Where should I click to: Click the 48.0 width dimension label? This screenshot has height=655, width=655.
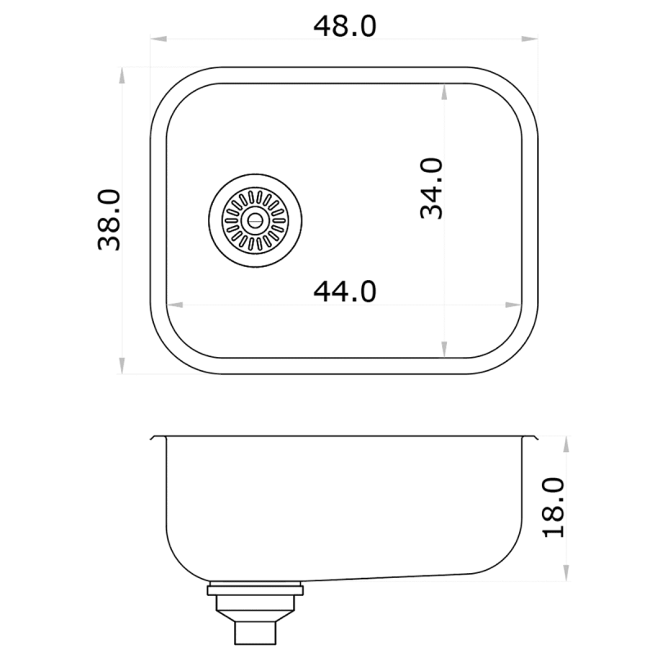coord(345,26)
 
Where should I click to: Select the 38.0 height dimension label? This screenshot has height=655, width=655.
coord(109,219)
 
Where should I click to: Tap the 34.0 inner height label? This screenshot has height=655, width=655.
coord(431,188)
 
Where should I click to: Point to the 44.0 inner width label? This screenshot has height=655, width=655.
coord(345,290)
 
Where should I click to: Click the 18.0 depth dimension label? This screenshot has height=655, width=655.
coord(554,508)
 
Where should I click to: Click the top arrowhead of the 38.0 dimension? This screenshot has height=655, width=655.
coord(123,74)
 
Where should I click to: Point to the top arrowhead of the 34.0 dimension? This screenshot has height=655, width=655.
coord(445,91)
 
